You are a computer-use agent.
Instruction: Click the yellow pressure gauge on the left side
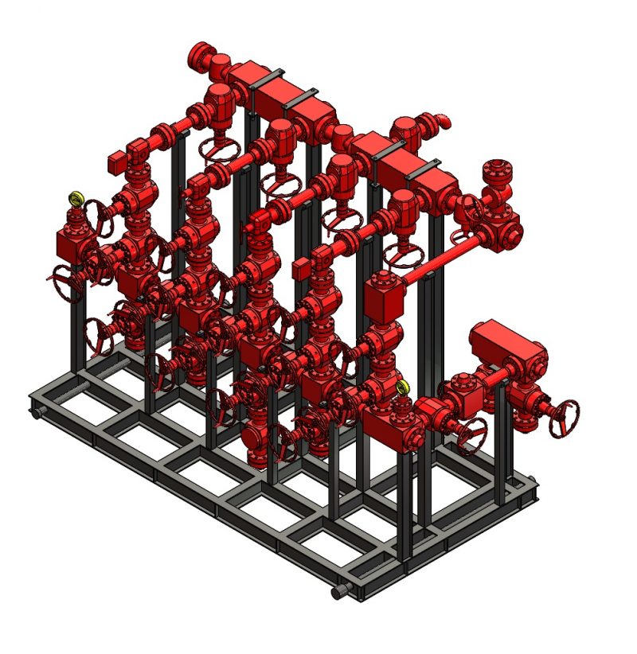[x=76, y=198]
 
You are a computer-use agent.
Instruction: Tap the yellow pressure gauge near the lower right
[x=403, y=387]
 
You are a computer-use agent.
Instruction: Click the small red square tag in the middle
[x=301, y=269]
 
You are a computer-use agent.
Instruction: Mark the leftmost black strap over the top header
[x=268, y=78]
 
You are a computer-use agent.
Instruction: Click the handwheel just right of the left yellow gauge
[x=100, y=214]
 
